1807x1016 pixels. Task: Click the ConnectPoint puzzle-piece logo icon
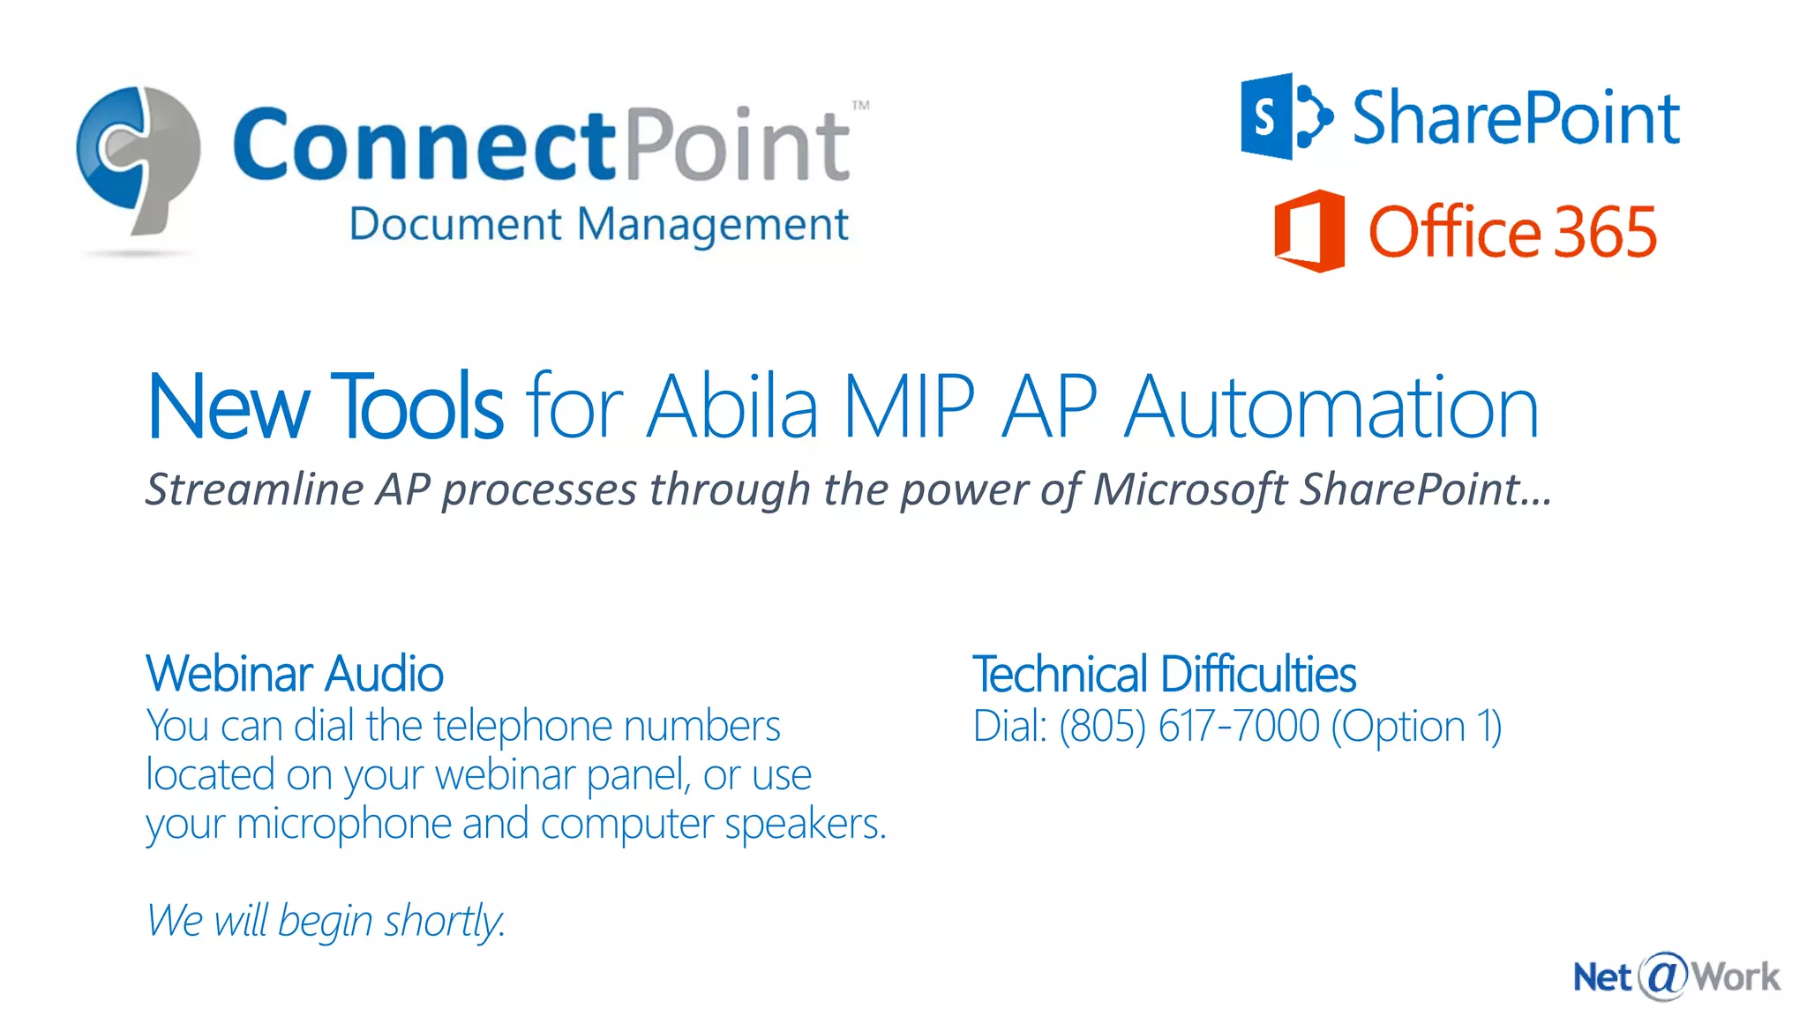pos(139,159)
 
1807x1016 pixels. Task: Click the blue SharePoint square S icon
pos(1267,116)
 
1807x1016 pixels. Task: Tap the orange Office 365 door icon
pos(1309,231)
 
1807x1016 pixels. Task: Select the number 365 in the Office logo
pos(1605,232)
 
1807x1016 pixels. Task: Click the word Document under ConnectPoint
pos(455,224)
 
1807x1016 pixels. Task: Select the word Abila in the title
pos(733,407)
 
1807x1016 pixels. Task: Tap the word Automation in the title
pos(1331,407)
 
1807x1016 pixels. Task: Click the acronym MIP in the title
pos(909,407)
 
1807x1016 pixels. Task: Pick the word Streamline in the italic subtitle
pos(255,489)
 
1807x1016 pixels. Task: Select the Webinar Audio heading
pos(295,674)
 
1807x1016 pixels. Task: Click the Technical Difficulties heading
pos(1164,675)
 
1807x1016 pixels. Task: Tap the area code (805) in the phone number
pos(1102,727)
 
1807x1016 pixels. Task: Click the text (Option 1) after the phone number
pos(1415,727)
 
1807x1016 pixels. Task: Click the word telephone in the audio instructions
pos(522,727)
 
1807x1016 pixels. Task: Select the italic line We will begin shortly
pos(326,921)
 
